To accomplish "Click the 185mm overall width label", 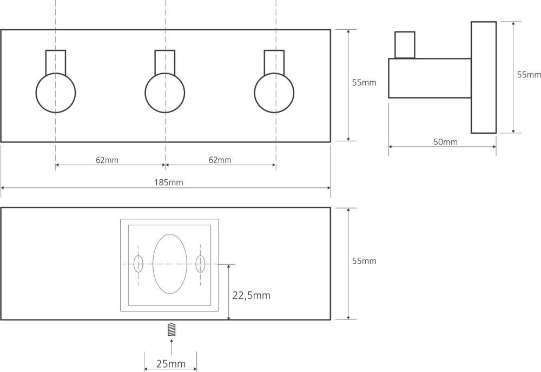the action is point(168,182).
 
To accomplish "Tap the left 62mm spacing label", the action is point(107,160).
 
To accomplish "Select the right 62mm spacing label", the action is point(220,160).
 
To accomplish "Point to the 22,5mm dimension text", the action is point(251,295).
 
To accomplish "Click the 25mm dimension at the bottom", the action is point(171,364).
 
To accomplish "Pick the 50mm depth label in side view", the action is point(445,142).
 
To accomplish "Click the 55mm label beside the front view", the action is point(364,83).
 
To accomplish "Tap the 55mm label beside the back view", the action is point(364,261).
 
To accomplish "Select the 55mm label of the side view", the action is point(529,75).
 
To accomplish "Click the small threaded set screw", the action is point(171,330).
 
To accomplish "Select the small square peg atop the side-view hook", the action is point(405,45).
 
